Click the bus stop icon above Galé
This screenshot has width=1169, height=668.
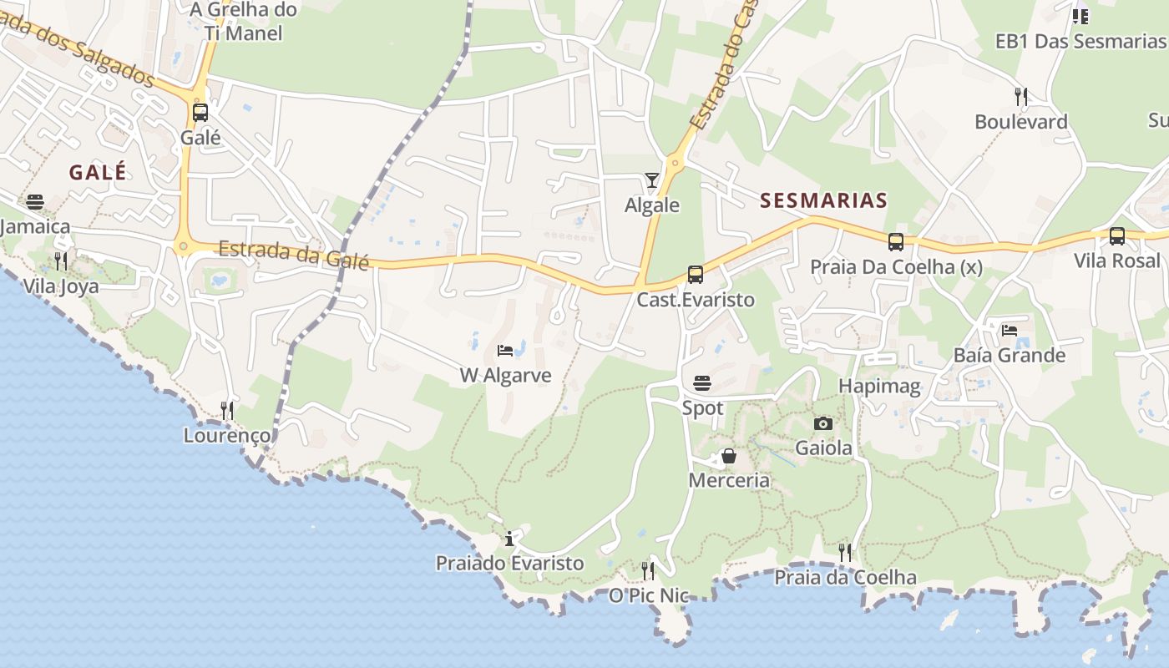(x=200, y=112)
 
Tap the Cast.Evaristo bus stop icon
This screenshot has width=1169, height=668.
(x=695, y=274)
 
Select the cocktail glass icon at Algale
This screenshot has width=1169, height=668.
(x=651, y=180)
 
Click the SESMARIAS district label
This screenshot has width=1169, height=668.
(x=823, y=200)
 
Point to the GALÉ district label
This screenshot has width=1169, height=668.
(x=98, y=173)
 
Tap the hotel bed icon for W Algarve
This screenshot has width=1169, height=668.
(x=504, y=350)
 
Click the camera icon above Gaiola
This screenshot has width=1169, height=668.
(x=823, y=423)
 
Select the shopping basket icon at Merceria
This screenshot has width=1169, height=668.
(x=729, y=456)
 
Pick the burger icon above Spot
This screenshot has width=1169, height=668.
(x=702, y=383)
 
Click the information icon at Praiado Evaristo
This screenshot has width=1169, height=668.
(x=509, y=539)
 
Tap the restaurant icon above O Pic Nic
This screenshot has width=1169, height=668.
(x=647, y=570)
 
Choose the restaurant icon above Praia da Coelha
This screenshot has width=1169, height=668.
(x=845, y=552)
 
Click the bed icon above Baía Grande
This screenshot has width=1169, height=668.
(x=1010, y=330)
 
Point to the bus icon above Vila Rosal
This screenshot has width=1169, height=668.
(x=1117, y=236)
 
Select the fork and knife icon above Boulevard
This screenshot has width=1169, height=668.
(x=1020, y=96)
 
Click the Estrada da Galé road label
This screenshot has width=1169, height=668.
(x=293, y=254)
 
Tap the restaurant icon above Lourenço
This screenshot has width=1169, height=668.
(x=226, y=410)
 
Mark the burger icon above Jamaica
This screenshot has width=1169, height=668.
(x=34, y=201)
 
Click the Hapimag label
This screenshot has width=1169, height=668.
(x=879, y=386)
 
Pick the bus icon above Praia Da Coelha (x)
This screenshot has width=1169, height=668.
(x=896, y=242)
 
